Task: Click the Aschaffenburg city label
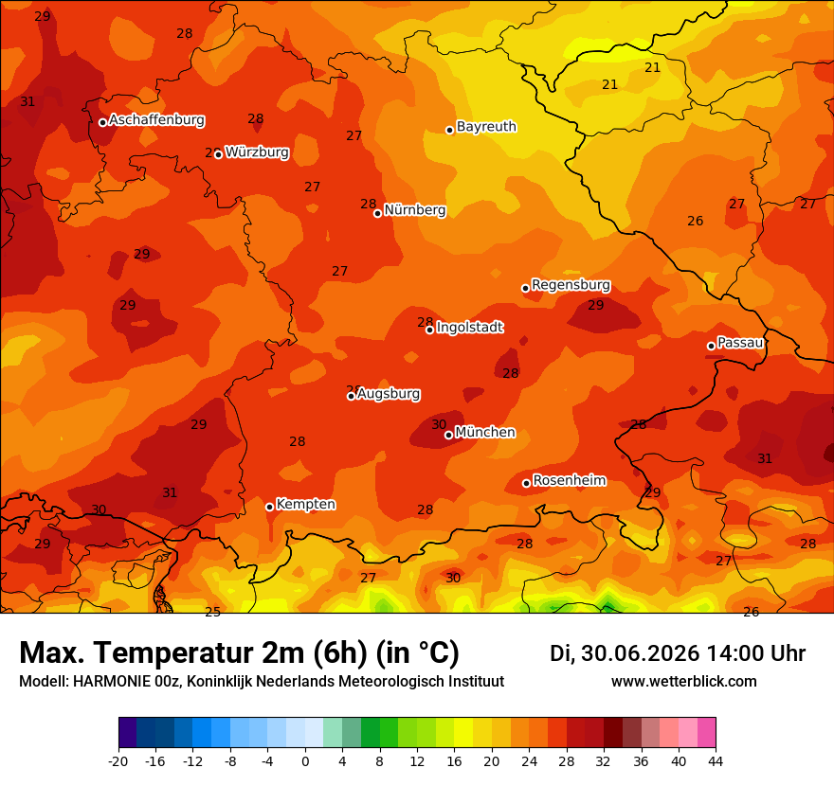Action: (x=156, y=120)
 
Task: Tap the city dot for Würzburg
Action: (x=218, y=154)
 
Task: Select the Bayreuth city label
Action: (x=486, y=127)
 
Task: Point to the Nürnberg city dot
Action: (x=377, y=213)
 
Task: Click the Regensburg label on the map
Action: (x=571, y=285)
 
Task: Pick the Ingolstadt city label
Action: (x=470, y=327)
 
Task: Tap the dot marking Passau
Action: (x=711, y=346)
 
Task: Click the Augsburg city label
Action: (x=389, y=394)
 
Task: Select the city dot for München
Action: (x=449, y=435)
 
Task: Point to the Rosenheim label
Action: (x=570, y=480)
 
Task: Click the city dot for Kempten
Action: (x=270, y=507)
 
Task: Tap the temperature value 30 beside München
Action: (x=439, y=424)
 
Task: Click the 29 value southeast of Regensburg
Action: (x=596, y=305)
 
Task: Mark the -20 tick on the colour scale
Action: (x=118, y=761)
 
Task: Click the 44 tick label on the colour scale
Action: (x=716, y=761)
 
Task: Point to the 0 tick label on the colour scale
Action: (x=305, y=761)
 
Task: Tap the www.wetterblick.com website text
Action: (x=683, y=681)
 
